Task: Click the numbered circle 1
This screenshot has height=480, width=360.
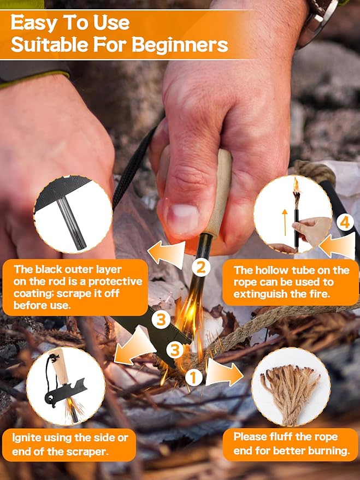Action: (x=193, y=376)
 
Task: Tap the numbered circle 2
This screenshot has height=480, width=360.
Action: (x=200, y=268)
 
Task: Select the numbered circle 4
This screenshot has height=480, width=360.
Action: (x=345, y=222)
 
